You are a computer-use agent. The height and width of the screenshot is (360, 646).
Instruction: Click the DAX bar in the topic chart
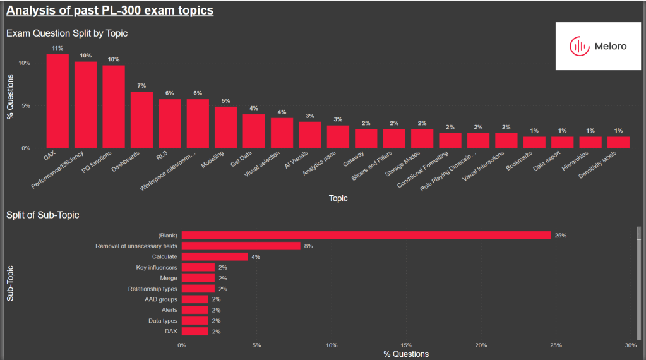57,101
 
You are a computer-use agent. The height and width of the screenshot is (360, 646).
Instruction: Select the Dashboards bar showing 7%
141,120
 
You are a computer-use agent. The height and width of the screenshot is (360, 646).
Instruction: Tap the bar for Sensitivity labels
618,143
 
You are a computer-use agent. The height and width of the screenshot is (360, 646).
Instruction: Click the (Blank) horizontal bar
366,236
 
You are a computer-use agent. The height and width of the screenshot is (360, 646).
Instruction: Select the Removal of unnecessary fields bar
241,246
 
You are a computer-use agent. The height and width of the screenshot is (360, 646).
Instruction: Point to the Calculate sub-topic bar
215,257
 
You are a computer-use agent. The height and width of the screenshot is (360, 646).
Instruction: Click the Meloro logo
598,46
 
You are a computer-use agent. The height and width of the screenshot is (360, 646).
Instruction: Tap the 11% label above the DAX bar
57,48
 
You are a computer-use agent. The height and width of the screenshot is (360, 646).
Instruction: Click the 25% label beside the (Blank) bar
560,236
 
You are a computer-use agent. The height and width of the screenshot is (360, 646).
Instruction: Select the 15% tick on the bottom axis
406,345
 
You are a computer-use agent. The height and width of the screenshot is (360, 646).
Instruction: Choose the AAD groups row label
162,299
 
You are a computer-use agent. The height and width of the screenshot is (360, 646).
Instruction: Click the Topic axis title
338,198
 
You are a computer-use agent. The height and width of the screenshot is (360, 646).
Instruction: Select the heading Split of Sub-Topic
42,215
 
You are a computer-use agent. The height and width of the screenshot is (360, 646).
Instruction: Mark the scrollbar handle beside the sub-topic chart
638,234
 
